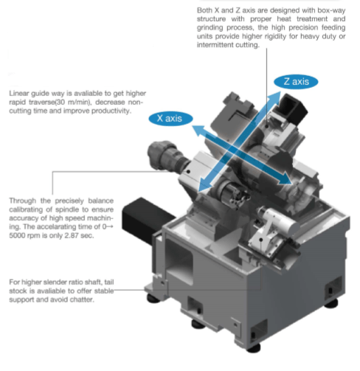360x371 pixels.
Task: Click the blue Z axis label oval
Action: pyautogui.click(x=296, y=82)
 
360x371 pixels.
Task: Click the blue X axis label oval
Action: pyautogui.click(x=170, y=119)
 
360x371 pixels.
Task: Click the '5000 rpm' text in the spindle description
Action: pyautogui.click(x=24, y=235)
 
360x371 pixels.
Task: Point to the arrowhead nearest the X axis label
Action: pyautogui.click(x=198, y=130)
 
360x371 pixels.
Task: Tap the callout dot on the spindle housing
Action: pyautogui.click(x=188, y=171)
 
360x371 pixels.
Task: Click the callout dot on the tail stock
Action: pyautogui.click(x=261, y=240)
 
